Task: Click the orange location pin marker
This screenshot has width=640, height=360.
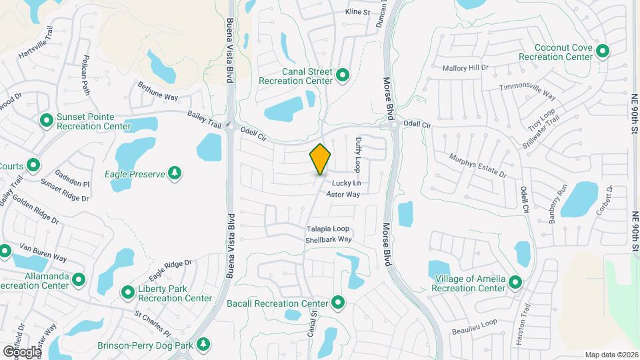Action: (x=320, y=159)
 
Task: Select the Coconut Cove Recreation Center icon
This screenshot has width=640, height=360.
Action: (x=603, y=51)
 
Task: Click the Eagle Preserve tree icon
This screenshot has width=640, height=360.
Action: (x=175, y=173)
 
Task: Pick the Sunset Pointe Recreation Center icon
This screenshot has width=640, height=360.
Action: (x=47, y=121)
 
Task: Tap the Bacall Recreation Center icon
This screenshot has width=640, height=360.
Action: (x=338, y=303)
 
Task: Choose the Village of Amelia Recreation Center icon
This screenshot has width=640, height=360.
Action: (x=515, y=282)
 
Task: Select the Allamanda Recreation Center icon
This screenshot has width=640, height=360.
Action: (x=79, y=279)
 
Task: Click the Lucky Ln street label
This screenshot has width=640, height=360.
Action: (x=347, y=183)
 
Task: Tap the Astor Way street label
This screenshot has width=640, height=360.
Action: (x=343, y=195)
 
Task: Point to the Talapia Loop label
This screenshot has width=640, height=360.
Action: (x=328, y=229)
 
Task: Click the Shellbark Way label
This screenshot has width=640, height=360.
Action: (x=329, y=239)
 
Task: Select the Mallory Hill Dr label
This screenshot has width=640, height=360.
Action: (x=465, y=67)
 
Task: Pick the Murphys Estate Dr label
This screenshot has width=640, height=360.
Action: (x=478, y=165)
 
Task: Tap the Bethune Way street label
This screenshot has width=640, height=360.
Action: (x=158, y=92)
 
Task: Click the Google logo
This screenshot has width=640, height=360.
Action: (x=22, y=351)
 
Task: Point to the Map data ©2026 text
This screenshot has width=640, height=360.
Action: (x=611, y=355)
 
